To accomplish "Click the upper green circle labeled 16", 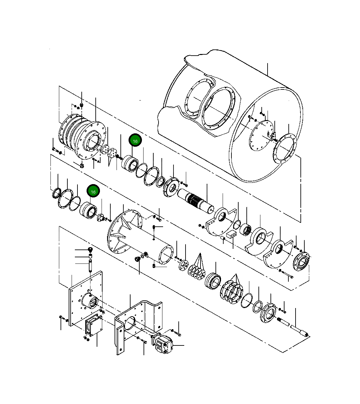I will [x=135, y=141].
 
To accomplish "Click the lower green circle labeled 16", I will [x=93, y=192].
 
